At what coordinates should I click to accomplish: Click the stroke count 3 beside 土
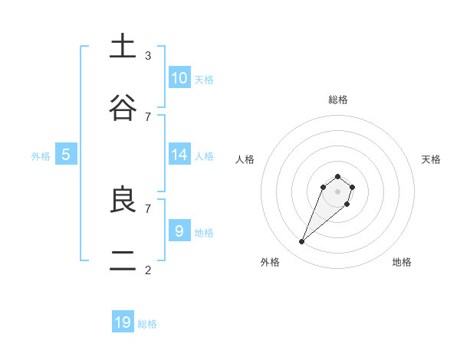[148, 55]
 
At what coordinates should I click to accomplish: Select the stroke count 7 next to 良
[148, 208]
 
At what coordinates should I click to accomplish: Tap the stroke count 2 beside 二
[148, 270]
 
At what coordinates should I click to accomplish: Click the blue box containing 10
[179, 78]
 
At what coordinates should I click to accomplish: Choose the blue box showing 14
[179, 155]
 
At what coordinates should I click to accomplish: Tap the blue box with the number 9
[179, 231]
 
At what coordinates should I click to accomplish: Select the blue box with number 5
[66, 155]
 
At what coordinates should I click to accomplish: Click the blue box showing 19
[123, 322]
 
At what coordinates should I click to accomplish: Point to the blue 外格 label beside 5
[41, 155]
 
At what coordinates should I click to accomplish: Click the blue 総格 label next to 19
[147, 324]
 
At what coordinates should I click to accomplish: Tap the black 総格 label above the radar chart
[338, 100]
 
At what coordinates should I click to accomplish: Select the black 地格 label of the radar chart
[402, 262]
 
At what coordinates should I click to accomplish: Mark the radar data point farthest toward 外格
[302, 242]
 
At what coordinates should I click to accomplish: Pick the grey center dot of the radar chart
[338, 191]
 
